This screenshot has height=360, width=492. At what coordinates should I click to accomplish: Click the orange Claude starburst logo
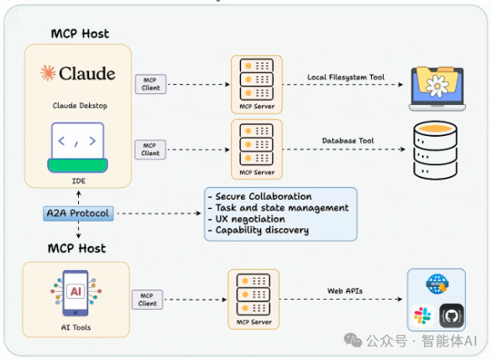48,73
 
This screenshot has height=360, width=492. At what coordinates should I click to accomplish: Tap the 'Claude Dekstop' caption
80,106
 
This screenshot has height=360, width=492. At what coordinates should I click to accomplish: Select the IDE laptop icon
77,148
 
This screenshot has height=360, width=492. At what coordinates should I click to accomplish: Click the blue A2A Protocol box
78,213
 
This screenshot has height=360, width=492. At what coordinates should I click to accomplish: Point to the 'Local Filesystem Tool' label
345,77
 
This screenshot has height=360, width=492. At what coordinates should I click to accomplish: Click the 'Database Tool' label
348,140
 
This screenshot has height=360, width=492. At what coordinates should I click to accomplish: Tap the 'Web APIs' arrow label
345,291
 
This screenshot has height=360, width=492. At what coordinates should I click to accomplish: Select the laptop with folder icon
437,89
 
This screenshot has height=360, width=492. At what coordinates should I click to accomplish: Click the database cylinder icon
435,150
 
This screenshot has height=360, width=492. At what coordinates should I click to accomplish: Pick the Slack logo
422,316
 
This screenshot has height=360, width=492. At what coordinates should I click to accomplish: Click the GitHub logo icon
452,316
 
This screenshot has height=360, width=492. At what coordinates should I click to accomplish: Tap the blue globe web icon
437,284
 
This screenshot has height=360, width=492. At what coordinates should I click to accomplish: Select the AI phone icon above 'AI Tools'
76,293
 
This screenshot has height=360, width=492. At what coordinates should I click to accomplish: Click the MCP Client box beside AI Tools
148,300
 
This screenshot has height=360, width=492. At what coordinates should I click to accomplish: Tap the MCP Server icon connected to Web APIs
254,300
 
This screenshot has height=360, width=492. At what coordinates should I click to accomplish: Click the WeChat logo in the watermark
353,340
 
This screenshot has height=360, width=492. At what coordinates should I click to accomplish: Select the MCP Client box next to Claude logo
150,84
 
